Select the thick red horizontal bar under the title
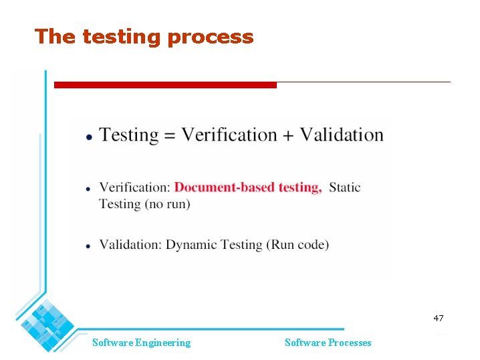click(164, 85)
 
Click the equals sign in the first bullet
click(169, 135)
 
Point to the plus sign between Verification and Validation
click(287, 135)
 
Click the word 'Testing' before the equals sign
click(129, 135)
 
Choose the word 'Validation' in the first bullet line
click(341, 134)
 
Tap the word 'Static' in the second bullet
click(345, 187)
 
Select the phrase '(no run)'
click(166, 204)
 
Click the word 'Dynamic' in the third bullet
click(193, 245)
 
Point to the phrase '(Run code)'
click(298, 245)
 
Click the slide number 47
click(438, 319)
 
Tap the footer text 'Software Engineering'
click(141, 343)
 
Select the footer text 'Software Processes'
click(328, 343)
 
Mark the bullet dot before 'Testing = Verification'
click(89, 137)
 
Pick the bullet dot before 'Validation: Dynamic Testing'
click(89, 246)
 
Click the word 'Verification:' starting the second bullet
click(134, 187)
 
